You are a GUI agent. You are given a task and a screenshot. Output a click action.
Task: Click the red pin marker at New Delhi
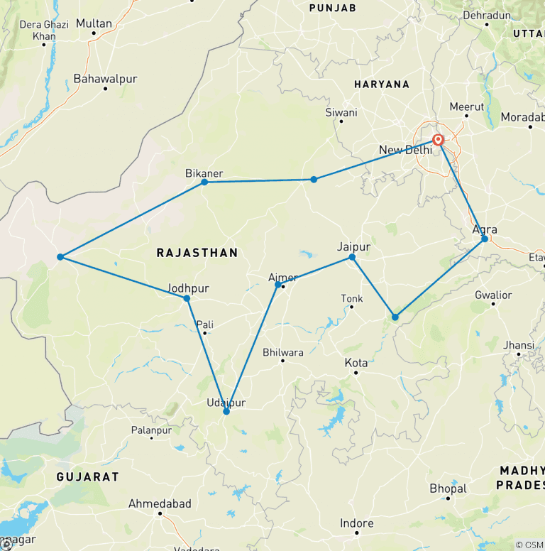[x=438, y=140]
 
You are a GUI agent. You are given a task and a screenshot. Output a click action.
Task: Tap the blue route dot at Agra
[x=485, y=239]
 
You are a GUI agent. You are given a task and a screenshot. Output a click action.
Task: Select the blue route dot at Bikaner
[x=204, y=182]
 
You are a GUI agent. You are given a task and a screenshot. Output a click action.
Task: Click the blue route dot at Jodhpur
[x=187, y=298]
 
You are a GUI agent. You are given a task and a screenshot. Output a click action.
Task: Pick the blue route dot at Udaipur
[x=226, y=411]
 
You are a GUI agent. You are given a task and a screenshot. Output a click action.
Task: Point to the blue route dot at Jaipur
[x=352, y=257]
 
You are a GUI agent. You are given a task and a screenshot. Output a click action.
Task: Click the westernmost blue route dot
[x=60, y=257]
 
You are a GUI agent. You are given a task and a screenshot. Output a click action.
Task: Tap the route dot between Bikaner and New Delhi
[x=314, y=180]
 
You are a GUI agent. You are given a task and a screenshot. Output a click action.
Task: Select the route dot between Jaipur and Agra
[x=395, y=317]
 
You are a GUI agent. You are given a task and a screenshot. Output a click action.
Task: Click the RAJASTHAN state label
[x=197, y=253]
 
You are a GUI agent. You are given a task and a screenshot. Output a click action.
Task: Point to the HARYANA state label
[x=382, y=84]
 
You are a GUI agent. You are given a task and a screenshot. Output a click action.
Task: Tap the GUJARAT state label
[x=88, y=476]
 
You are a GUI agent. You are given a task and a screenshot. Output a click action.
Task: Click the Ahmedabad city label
[x=160, y=503]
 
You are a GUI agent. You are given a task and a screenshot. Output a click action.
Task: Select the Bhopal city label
[x=448, y=489]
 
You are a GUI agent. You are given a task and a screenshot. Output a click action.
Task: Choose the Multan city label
[x=94, y=23]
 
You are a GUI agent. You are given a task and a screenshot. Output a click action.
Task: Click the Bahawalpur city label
[x=105, y=79]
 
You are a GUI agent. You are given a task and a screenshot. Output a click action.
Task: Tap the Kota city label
[x=356, y=363]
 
